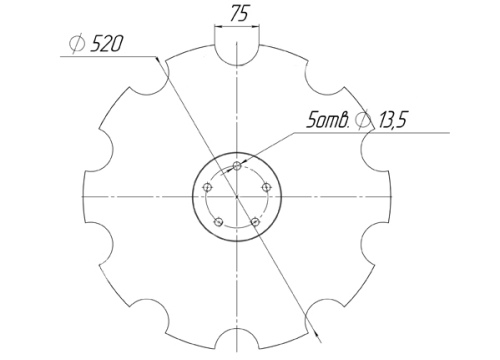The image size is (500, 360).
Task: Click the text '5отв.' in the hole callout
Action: [326, 121]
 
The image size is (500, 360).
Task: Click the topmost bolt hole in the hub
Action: [235, 165]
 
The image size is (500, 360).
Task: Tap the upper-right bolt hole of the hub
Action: [264, 186]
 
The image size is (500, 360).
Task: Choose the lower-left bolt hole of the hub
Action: [218, 221]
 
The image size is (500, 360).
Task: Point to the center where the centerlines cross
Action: [236, 195]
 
